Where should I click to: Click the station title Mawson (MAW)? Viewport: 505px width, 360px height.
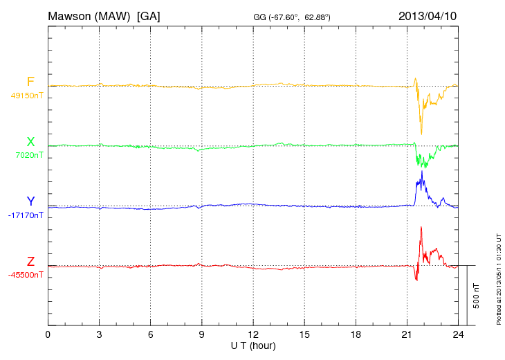pos(90,15)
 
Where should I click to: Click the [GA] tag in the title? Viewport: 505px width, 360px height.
pos(149,15)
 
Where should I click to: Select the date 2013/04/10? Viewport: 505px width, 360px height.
pos(428,15)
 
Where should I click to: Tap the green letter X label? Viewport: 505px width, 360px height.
pos(30,142)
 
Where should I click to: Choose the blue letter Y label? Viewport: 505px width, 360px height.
pos(30,201)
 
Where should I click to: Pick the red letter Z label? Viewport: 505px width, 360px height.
pos(30,261)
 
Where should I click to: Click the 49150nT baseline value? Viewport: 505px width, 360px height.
pos(27,96)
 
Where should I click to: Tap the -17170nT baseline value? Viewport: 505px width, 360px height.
pos(26,215)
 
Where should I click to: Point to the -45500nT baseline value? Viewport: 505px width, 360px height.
pos(26,275)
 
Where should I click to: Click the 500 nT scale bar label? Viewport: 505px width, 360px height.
pos(476,296)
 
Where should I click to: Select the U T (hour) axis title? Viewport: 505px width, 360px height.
pos(253,345)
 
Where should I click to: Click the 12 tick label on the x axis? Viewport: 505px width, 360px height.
pos(253,334)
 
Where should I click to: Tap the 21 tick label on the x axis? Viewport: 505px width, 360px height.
pos(407,334)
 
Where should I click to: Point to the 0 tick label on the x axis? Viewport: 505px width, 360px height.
pos(48,334)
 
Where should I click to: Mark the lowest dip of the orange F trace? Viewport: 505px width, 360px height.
pos(421,134)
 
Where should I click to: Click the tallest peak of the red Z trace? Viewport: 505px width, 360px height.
pos(421,227)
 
